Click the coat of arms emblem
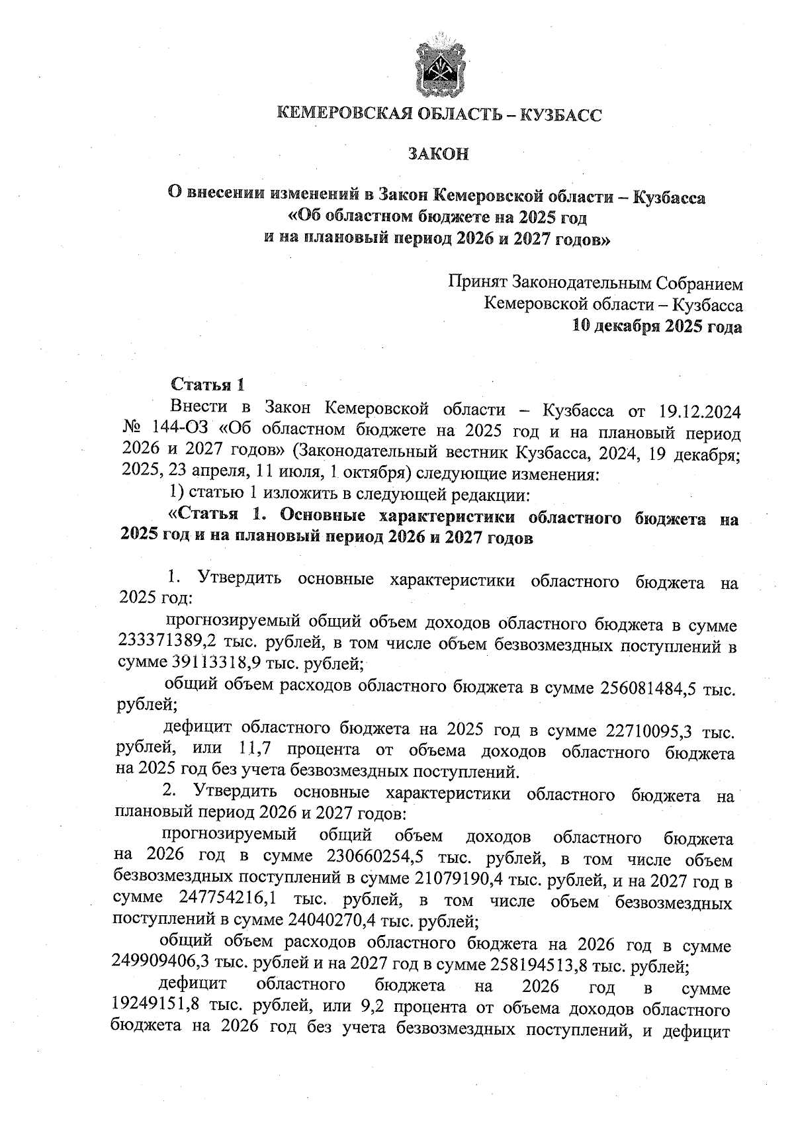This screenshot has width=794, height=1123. tap(438, 68)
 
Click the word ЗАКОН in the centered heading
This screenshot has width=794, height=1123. tap(438, 154)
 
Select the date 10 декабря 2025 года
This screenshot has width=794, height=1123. tap(657, 326)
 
